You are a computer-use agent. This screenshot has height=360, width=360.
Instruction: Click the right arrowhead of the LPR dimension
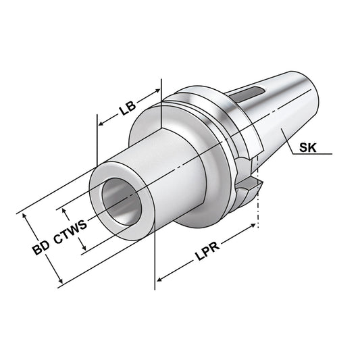[x=255, y=228]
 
